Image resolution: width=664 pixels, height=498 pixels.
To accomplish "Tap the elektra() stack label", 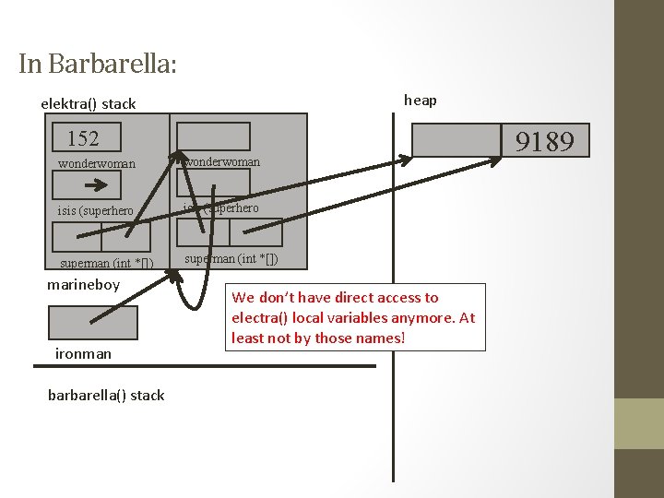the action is [x=88, y=103].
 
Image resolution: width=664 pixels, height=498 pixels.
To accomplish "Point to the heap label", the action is [x=421, y=100].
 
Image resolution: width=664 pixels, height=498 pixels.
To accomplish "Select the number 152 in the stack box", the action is [x=83, y=139].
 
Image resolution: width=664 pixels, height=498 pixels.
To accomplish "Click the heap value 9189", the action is [x=544, y=141].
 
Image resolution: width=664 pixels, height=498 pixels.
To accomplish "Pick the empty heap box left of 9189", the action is [x=456, y=140].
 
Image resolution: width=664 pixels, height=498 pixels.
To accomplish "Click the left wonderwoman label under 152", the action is [x=96, y=164].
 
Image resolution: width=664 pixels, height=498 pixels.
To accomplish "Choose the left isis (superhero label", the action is [x=95, y=210].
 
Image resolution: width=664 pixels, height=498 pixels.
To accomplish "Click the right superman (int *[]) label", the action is [x=231, y=258].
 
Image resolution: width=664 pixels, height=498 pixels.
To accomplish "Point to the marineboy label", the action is [x=83, y=284].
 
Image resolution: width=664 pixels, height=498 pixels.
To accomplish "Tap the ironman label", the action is [x=83, y=353].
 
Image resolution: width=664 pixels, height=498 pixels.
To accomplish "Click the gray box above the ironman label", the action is [x=92, y=323].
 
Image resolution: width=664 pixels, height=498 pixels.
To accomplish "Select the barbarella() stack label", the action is [x=106, y=395].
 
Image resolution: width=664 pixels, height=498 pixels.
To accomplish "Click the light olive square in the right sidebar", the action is [x=638, y=423].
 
